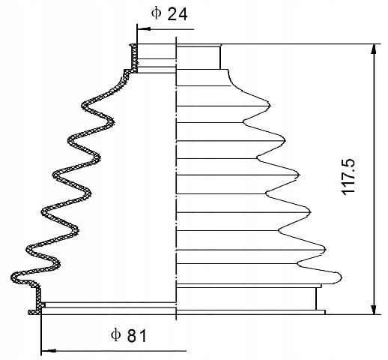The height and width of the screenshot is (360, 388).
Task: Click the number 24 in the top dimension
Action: [178, 13]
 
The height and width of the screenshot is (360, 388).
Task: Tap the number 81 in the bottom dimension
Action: [137, 336]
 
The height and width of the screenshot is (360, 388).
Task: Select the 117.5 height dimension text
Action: [348, 177]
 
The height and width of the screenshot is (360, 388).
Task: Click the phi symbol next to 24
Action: [156, 13]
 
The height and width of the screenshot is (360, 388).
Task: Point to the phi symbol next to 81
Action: [116, 334]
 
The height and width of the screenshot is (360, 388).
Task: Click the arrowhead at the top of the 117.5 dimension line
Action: [374, 49]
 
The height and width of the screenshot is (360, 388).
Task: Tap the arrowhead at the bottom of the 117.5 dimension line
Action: [374, 309]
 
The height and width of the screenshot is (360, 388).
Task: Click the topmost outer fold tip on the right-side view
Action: [270, 105]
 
